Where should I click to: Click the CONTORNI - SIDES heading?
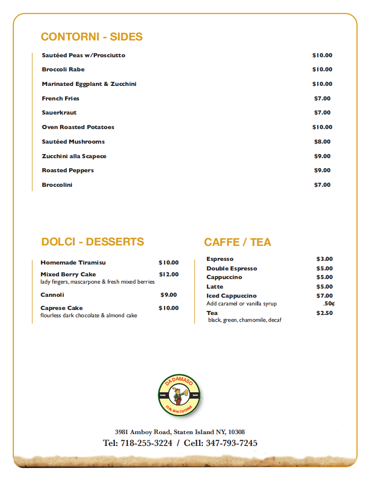click(x=92, y=37)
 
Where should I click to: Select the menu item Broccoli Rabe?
click(x=63, y=70)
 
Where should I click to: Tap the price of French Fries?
click(x=322, y=98)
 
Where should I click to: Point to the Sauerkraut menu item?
click(x=59, y=113)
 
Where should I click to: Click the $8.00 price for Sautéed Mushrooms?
click(x=322, y=141)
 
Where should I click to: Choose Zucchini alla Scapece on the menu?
click(x=74, y=156)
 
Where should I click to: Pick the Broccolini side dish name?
click(x=57, y=185)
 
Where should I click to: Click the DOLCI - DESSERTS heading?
click(x=92, y=242)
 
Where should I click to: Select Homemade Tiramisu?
click(x=73, y=263)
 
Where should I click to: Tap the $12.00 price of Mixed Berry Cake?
click(x=169, y=275)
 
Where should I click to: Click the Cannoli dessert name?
click(x=52, y=295)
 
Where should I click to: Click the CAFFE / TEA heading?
click(x=237, y=242)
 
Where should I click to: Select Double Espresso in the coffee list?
click(x=231, y=269)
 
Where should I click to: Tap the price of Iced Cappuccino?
click(x=325, y=296)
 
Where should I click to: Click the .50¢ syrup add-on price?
click(x=329, y=304)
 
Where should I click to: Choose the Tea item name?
click(x=212, y=313)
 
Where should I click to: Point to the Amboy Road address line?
click(x=180, y=432)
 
